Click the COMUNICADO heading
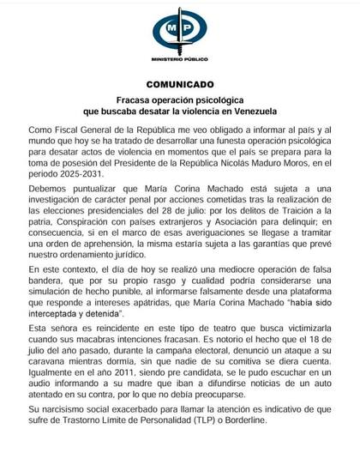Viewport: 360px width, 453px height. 180,86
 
